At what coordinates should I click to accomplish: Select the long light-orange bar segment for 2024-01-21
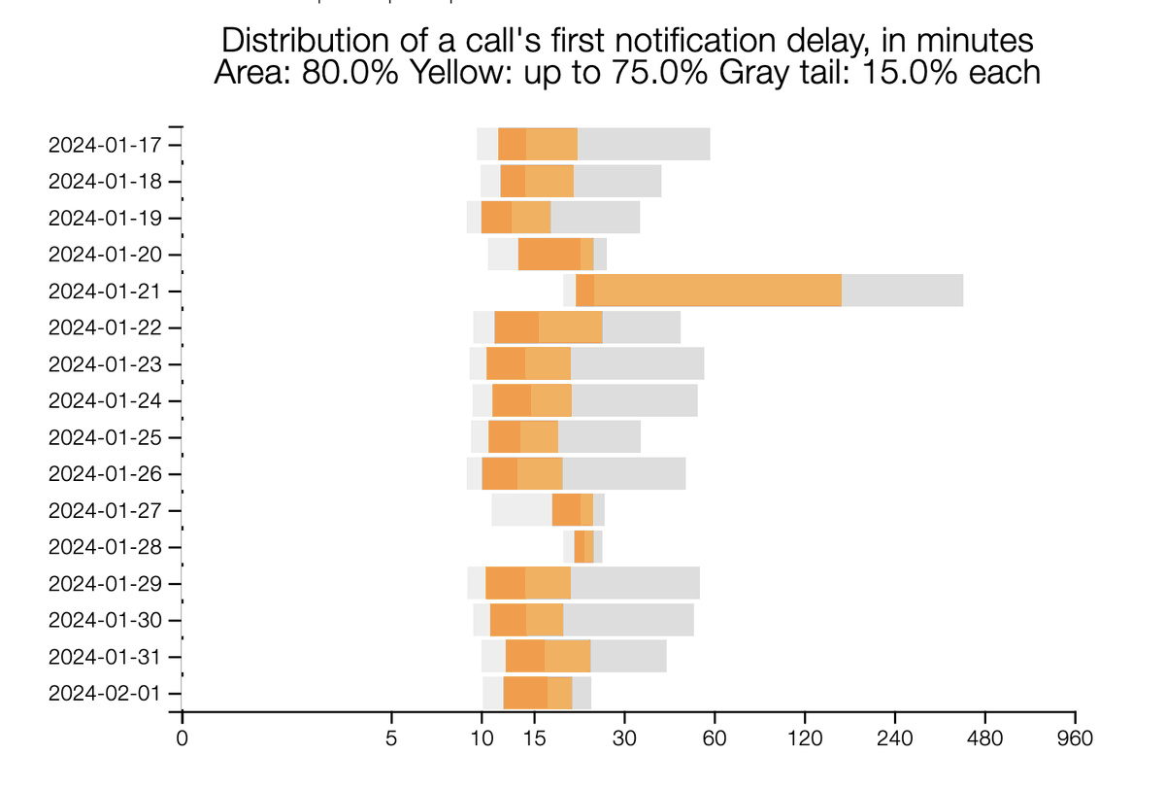[x=717, y=291]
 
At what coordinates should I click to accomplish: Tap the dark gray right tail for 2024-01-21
[x=902, y=291]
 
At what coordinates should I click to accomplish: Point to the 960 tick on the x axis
[x=1075, y=738]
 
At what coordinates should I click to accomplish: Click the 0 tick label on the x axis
[x=182, y=738]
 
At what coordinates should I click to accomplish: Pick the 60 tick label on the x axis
[x=715, y=738]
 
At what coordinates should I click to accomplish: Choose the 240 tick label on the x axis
[x=894, y=738]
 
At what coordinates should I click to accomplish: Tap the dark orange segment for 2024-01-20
[x=549, y=255]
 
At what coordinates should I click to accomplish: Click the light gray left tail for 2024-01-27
[x=521, y=510]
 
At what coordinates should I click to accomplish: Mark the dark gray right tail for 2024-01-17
[x=644, y=145]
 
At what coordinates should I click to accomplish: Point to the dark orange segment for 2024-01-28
[x=579, y=546]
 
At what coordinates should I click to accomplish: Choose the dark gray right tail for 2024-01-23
[x=637, y=363]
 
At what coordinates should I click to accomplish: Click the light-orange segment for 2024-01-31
[x=567, y=656]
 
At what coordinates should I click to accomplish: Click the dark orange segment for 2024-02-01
[x=525, y=693]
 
